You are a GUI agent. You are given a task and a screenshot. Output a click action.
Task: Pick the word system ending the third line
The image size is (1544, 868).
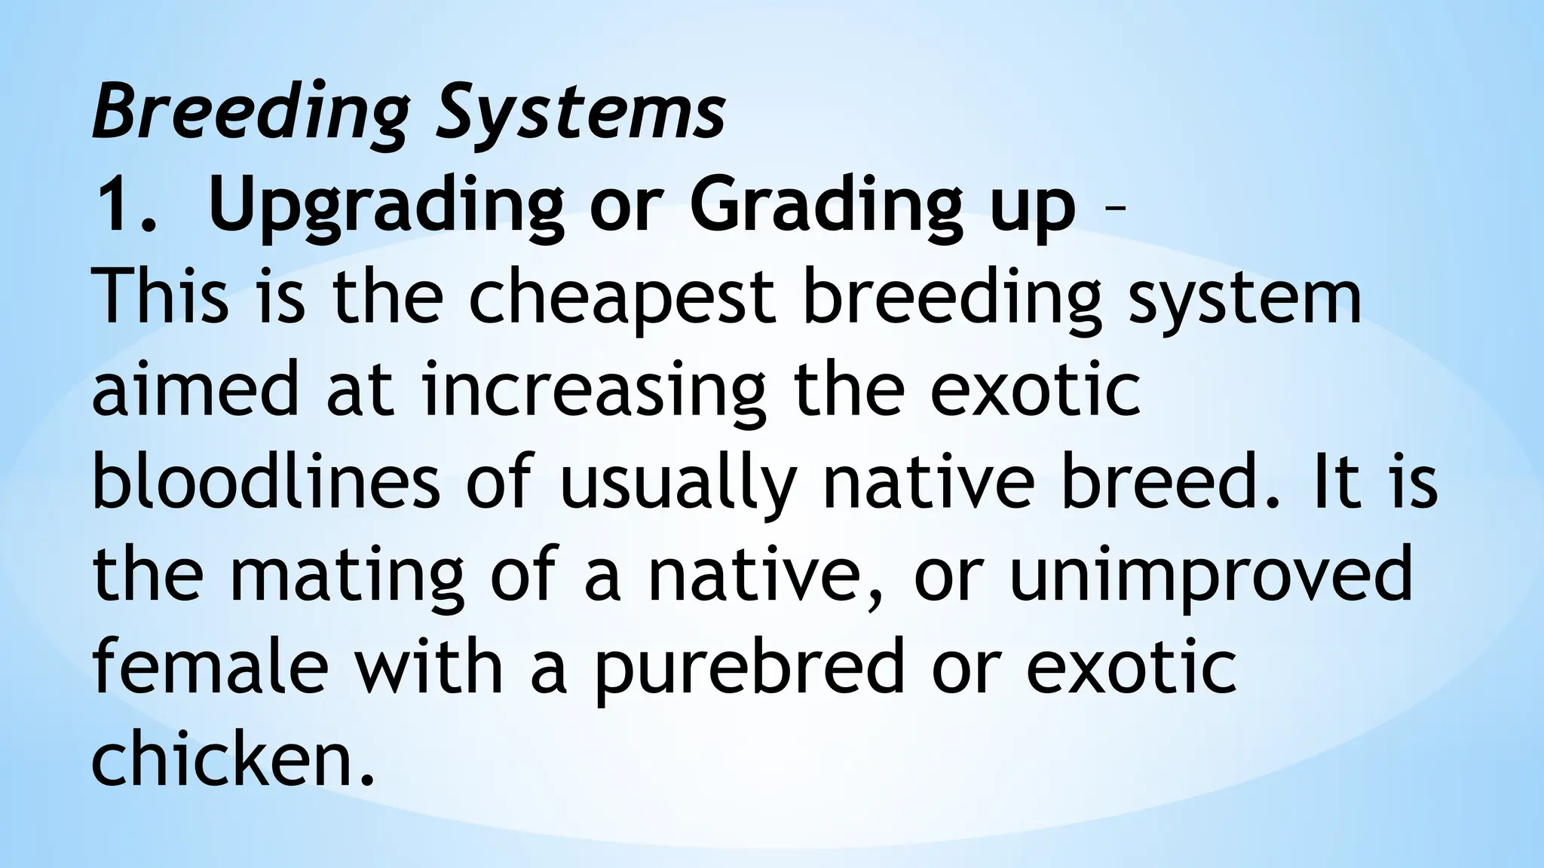tap(1244, 300)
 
